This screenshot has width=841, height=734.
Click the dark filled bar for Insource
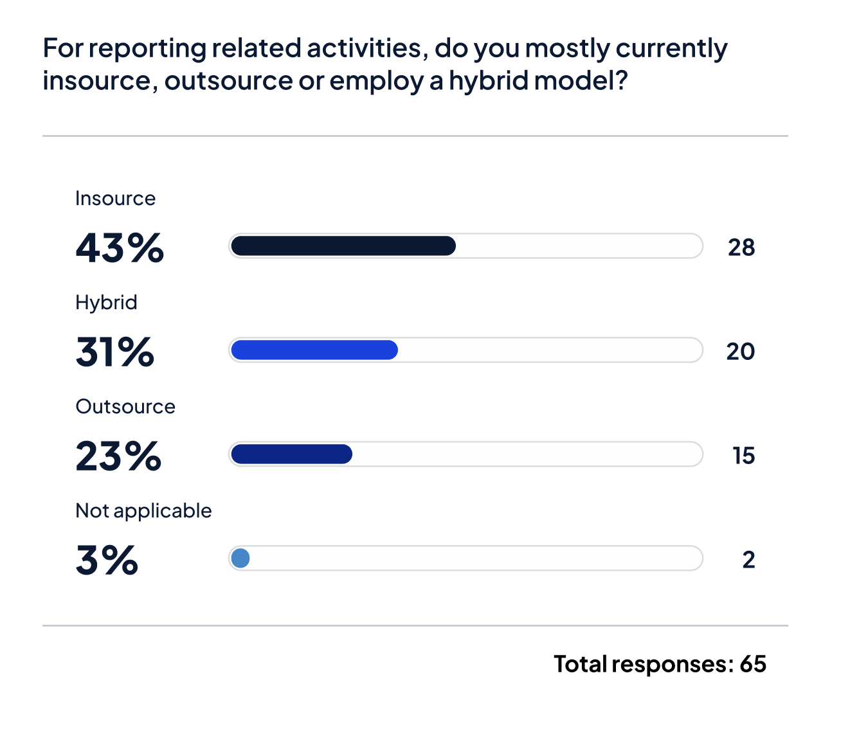click(343, 246)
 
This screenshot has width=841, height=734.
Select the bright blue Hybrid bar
click(314, 350)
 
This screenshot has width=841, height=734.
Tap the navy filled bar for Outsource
click(291, 454)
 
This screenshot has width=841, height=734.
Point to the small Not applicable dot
click(240, 559)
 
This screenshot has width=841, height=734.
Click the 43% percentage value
click(120, 248)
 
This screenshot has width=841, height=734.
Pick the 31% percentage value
click(115, 352)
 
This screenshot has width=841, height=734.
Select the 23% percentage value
click(118, 456)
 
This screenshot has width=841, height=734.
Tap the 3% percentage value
click(107, 560)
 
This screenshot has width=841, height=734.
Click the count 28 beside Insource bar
click(741, 247)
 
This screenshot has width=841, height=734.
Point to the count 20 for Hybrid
click(740, 352)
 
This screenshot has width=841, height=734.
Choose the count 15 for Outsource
click(743, 456)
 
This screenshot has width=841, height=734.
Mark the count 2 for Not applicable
click(748, 560)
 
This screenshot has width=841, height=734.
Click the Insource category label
click(115, 198)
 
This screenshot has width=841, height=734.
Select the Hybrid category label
click(106, 302)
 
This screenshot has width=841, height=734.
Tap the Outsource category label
click(125, 406)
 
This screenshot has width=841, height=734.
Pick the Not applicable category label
click(143, 510)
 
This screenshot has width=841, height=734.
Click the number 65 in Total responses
click(753, 664)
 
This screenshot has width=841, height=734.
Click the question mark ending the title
click(620, 81)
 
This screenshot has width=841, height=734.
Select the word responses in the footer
click(672, 664)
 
